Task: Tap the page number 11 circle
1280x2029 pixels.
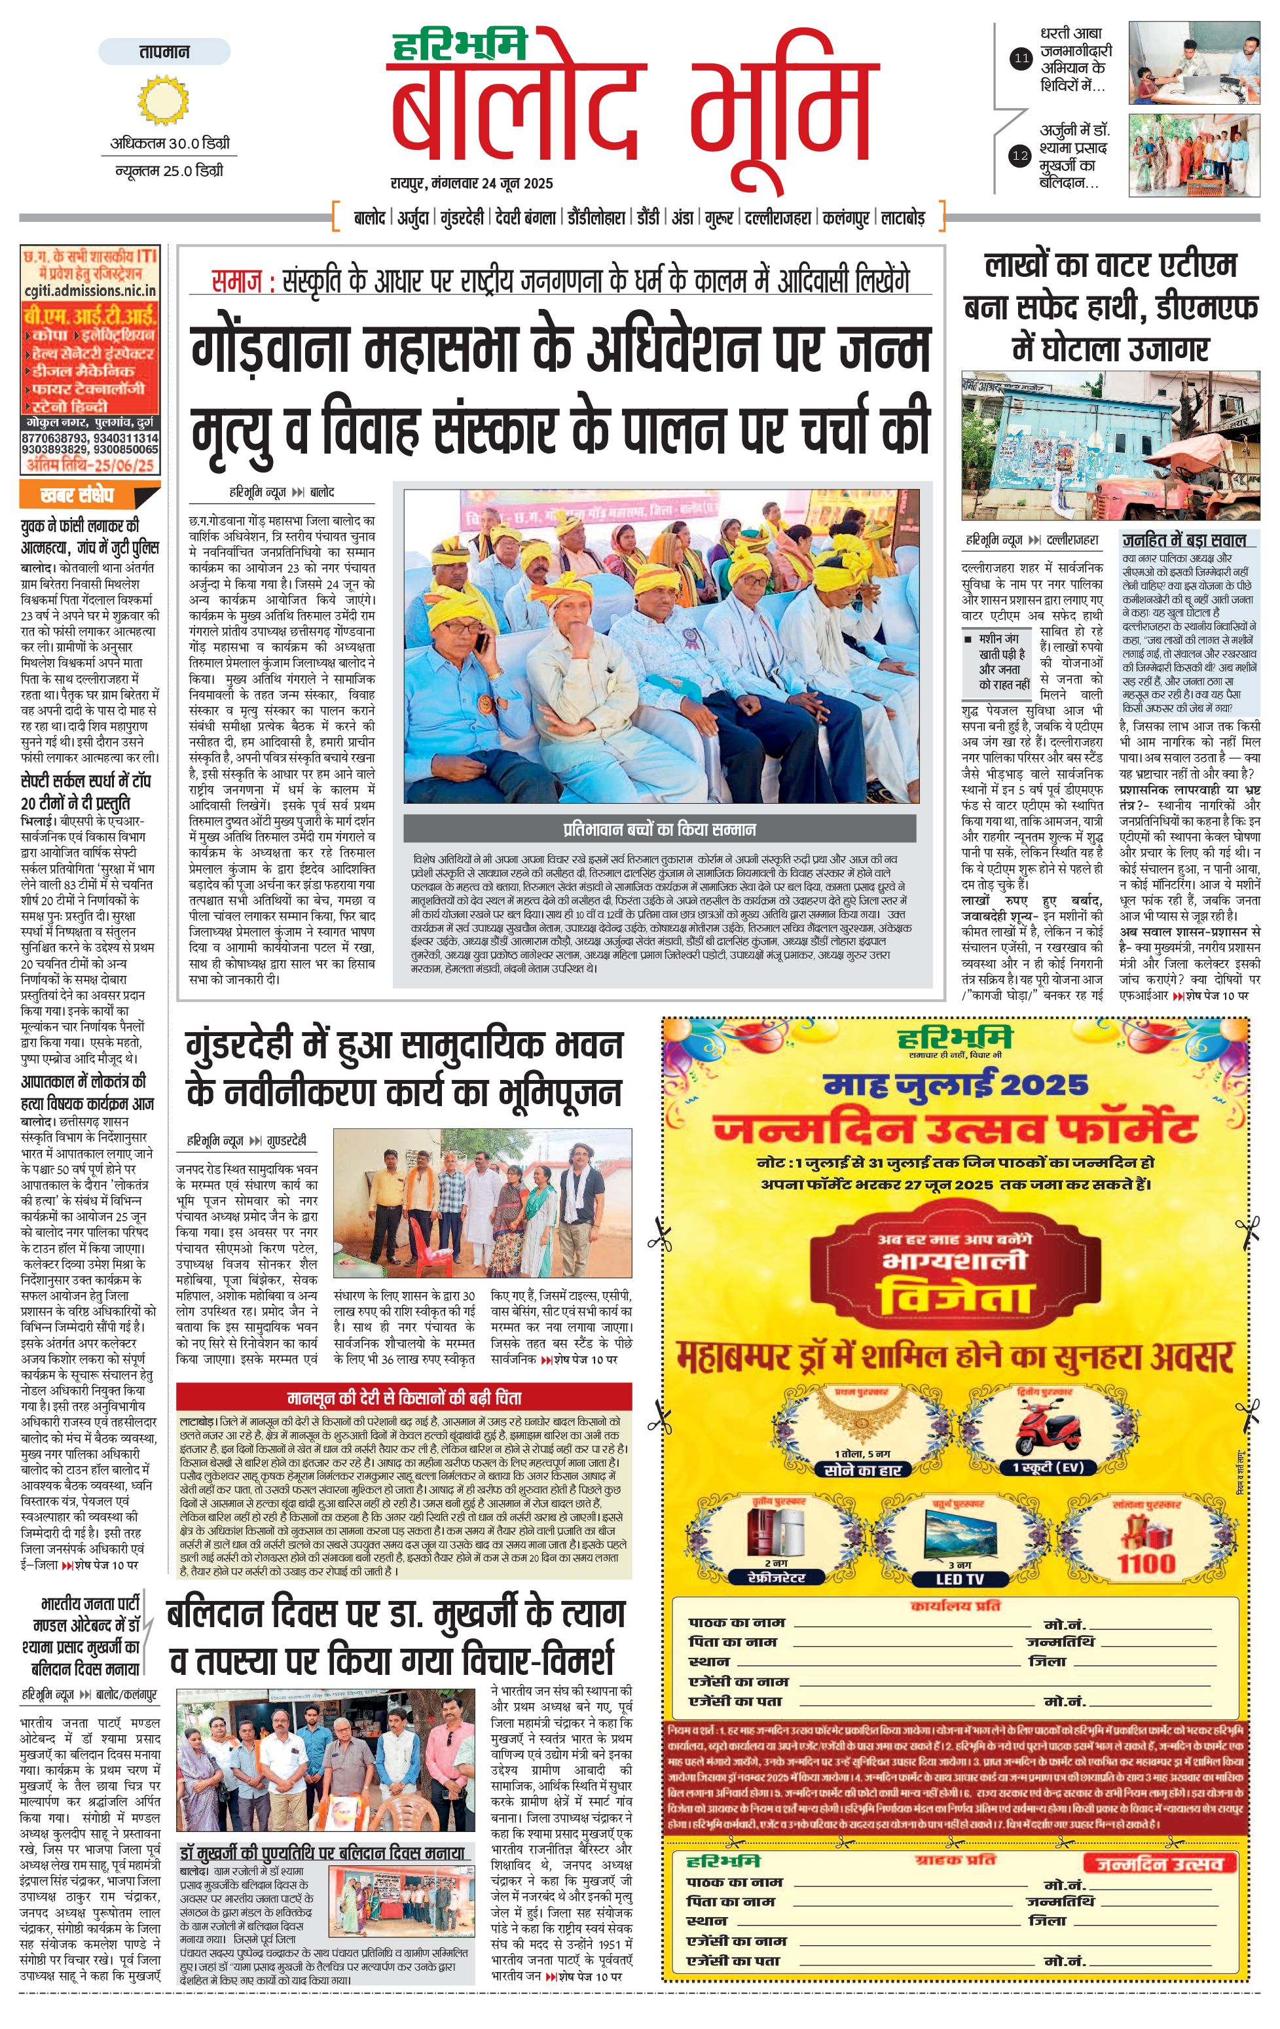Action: click(x=1021, y=58)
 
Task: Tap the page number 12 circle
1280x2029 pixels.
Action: click(x=1021, y=155)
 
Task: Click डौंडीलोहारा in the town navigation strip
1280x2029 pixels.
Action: click(x=596, y=218)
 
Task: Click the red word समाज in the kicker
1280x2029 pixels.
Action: click(x=238, y=281)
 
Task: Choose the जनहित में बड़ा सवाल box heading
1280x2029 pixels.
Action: click(x=1183, y=540)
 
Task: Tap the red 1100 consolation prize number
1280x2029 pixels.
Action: click(x=1146, y=1564)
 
